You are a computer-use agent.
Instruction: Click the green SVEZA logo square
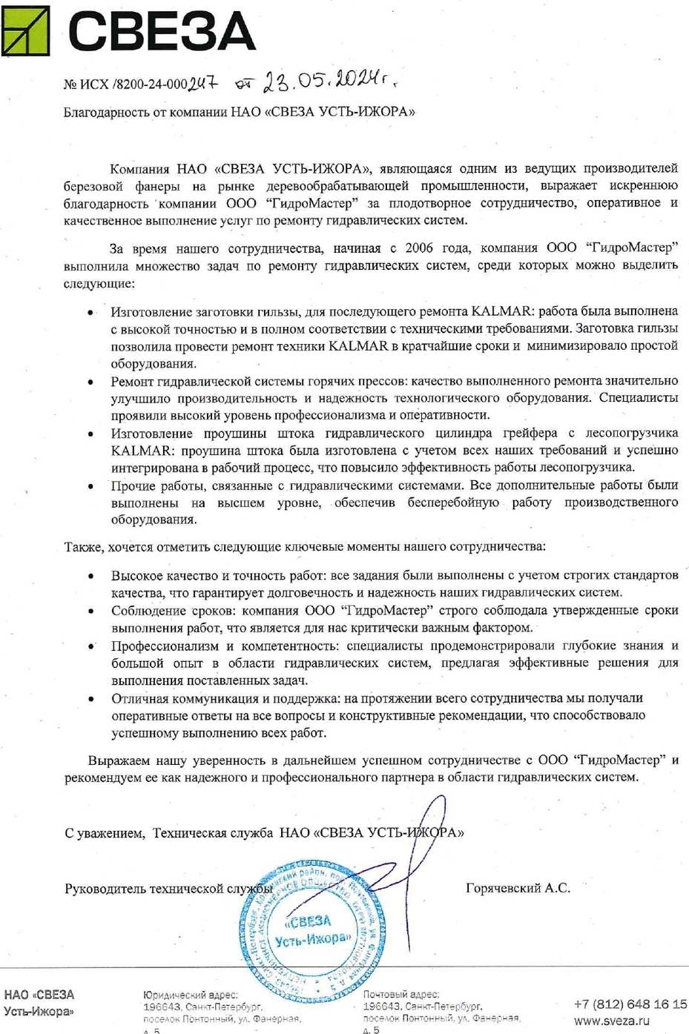click(x=25, y=30)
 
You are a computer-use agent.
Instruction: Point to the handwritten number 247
click(x=202, y=84)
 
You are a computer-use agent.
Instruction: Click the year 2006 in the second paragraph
click(x=419, y=248)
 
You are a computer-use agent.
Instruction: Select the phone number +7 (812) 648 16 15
click(x=630, y=1004)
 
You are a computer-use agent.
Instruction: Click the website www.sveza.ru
click(x=612, y=1021)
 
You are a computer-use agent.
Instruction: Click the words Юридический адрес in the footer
click(x=190, y=995)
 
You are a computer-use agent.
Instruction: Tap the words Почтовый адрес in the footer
click(x=400, y=995)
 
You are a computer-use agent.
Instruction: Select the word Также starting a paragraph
click(x=84, y=547)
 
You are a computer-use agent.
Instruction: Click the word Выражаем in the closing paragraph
click(x=119, y=760)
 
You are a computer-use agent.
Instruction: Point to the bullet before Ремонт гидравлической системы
click(x=91, y=382)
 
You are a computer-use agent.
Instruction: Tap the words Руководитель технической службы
click(x=168, y=888)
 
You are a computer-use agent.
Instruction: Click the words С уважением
click(x=105, y=833)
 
